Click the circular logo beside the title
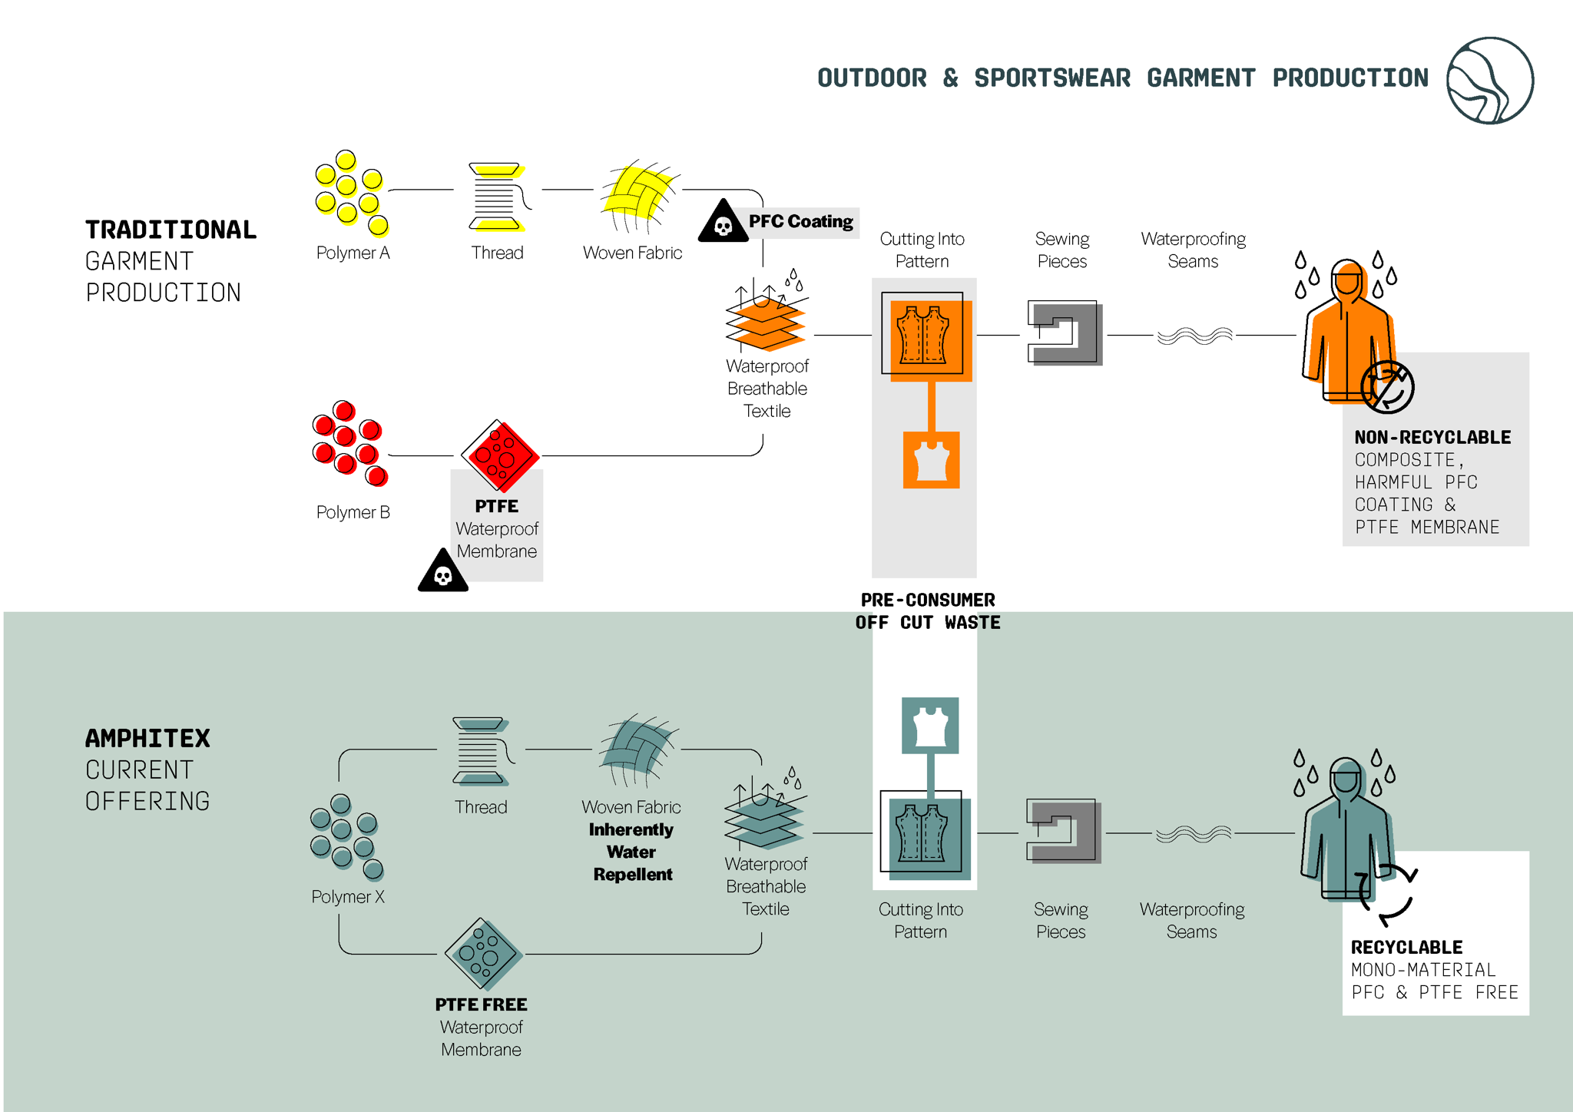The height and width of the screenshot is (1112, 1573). [x=1489, y=81]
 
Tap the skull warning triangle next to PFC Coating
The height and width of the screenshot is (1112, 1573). [x=723, y=223]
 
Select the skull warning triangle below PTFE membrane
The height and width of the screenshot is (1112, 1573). [x=443, y=573]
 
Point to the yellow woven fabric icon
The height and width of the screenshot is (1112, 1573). [x=637, y=195]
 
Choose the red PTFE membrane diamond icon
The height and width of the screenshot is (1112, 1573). [x=500, y=455]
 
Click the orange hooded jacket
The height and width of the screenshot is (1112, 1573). [x=1346, y=330]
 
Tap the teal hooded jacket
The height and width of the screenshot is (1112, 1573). [x=1345, y=829]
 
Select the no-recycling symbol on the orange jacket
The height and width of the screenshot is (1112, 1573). [x=1387, y=387]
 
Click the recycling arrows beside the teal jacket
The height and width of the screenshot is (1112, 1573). [x=1387, y=895]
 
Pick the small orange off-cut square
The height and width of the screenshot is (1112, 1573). [x=931, y=460]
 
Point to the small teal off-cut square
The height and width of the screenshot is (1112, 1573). [x=930, y=725]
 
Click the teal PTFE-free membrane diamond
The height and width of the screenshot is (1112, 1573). [x=483, y=954]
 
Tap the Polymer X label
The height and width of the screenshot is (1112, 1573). [x=348, y=896]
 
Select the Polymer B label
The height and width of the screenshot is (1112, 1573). [x=353, y=512]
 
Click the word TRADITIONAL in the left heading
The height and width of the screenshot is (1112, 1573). [x=171, y=230]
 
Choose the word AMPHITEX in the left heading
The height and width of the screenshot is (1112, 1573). [x=147, y=738]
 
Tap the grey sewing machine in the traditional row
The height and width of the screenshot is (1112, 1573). [x=1064, y=333]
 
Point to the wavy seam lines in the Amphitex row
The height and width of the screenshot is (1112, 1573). [x=1194, y=834]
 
